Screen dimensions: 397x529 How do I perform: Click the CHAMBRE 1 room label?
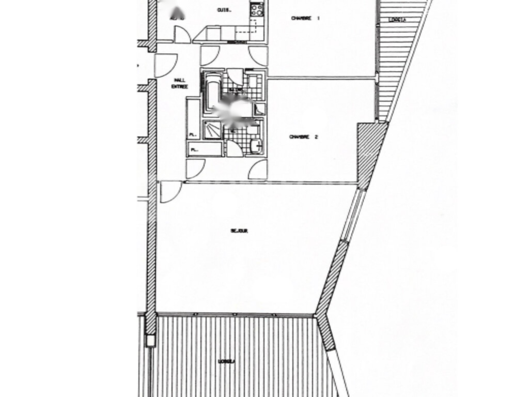point(305,18)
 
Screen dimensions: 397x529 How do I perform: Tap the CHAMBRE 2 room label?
point(303,137)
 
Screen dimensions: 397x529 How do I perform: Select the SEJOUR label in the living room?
point(239,231)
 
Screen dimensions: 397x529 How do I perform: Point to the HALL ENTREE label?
point(180,83)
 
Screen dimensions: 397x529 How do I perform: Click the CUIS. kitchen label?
point(224,10)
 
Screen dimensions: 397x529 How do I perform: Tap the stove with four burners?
point(257,9)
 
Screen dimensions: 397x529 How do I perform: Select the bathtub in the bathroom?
point(213,94)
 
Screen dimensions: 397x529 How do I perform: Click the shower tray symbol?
point(212,130)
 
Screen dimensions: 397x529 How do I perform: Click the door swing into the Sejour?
point(170,191)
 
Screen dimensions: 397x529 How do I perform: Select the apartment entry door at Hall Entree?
point(165,65)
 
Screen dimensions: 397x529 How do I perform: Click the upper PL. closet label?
point(193,134)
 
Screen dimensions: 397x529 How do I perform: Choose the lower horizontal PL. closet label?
point(195,150)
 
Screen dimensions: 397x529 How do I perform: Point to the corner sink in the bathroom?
point(260,109)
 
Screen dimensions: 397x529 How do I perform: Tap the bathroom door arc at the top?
point(235,76)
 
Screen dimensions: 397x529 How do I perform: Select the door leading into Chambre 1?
point(258,56)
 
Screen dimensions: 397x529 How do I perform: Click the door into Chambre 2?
point(258,169)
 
